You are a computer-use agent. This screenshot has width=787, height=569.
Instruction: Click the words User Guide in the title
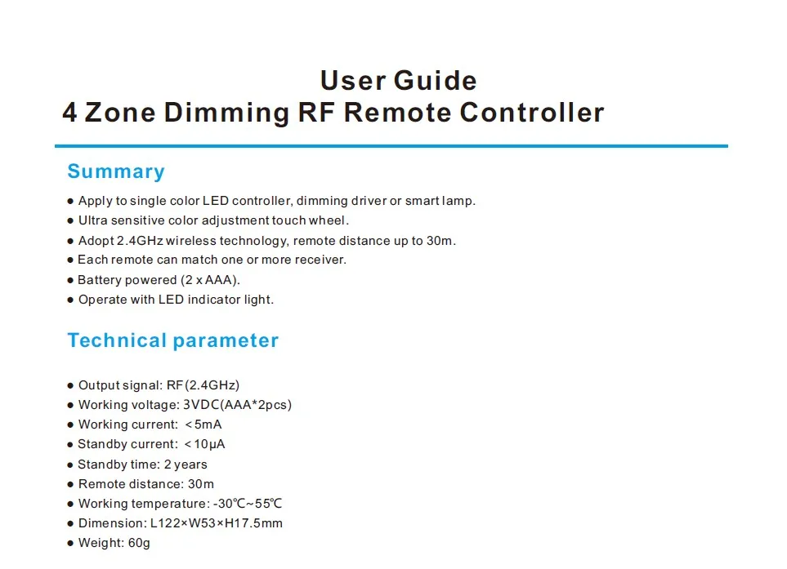tap(398, 81)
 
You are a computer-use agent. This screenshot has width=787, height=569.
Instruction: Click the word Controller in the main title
tap(531, 112)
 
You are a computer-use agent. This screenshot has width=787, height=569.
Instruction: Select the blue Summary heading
tap(116, 171)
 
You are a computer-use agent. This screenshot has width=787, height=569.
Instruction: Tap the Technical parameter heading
tap(172, 340)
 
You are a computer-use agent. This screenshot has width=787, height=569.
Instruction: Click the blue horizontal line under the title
tap(391, 146)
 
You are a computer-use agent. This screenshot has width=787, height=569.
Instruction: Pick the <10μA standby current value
tap(204, 444)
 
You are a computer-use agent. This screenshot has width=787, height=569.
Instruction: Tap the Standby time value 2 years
tap(186, 465)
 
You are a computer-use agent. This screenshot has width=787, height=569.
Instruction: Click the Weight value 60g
tap(140, 543)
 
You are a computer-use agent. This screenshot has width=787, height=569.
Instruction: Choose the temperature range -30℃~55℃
tap(248, 504)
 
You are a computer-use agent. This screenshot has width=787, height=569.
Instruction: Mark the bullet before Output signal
tap(70, 386)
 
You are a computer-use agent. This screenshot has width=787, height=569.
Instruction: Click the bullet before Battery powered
tap(70, 281)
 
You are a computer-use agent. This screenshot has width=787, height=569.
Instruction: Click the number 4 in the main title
tap(70, 112)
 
